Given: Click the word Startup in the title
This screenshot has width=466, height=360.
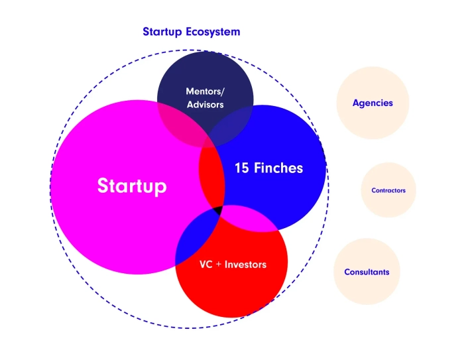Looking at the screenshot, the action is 162,32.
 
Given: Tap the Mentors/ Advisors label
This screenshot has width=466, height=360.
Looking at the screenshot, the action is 205,98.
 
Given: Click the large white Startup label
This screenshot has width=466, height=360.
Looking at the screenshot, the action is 132,186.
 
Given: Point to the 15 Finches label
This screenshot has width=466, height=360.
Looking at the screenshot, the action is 268,168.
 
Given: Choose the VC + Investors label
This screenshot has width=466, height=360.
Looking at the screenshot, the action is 233,265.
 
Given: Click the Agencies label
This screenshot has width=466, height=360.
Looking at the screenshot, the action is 373,103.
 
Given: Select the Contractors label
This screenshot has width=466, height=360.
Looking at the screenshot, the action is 388,190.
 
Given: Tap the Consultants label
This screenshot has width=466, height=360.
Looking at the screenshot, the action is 367,272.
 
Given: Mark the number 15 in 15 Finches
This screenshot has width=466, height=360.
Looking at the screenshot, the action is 242,168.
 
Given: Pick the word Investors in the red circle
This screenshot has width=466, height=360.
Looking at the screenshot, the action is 245,265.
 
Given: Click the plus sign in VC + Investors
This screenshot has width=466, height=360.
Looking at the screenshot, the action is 219,265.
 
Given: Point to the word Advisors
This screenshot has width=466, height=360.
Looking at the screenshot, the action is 205,105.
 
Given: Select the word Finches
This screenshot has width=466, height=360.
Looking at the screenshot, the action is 278,168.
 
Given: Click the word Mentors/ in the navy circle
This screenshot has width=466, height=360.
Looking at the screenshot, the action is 205,91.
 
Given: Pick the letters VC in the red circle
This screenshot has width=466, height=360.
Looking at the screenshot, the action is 205,265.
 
